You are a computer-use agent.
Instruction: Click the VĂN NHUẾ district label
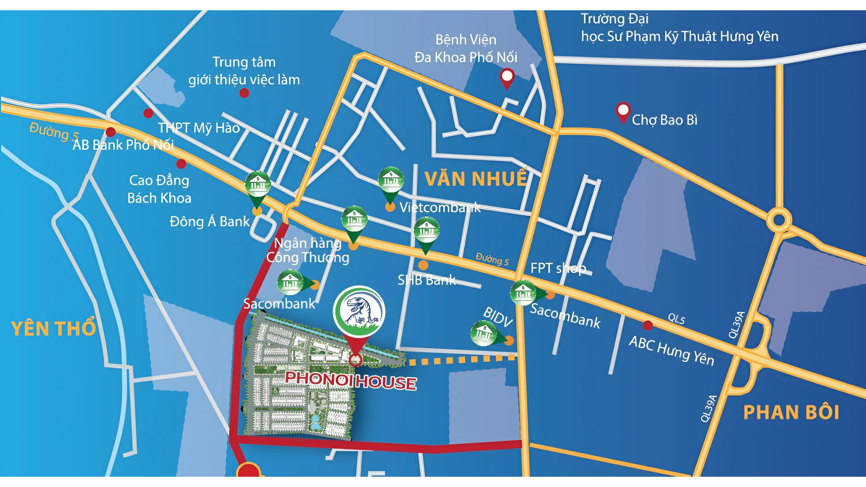[x=475, y=179]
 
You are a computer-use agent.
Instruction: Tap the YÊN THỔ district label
[x=53, y=328]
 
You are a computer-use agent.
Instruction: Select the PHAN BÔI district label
[x=791, y=412]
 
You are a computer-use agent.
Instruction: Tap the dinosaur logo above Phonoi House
[x=359, y=311]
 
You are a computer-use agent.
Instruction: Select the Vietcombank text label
[x=440, y=207]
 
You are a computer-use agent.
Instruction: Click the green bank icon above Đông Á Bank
[x=257, y=185]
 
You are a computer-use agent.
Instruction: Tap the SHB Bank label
[x=426, y=280]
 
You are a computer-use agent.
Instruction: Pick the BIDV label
[x=498, y=317]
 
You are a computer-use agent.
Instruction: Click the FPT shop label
[x=558, y=268]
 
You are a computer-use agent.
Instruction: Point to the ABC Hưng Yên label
[x=671, y=350]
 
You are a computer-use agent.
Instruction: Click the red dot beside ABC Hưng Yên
[x=648, y=325]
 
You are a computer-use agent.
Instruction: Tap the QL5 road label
[x=676, y=318]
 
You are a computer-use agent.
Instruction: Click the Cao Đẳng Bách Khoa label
[x=159, y=189]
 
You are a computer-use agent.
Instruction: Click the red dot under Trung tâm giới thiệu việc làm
[x=244, y=93]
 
